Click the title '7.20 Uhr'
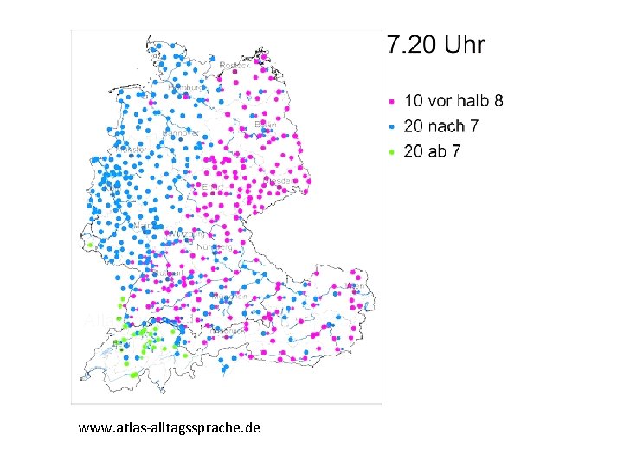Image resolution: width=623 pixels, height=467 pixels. pos(435,45)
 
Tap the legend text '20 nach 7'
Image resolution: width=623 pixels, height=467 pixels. pos(440,125)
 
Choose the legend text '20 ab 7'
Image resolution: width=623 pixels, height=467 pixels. pos(433,151)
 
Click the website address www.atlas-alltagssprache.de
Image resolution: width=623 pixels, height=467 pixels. pos(169,427)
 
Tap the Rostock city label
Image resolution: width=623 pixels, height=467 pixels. pos(234,65)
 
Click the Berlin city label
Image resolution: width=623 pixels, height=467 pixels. pos(267,125)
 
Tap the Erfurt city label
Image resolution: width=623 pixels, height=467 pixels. pos(212,187)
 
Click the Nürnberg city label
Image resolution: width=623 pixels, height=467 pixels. pos(215,247)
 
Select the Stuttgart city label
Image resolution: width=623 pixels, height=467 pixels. pos(167,273)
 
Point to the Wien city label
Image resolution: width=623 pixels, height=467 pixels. pos(352,285)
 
